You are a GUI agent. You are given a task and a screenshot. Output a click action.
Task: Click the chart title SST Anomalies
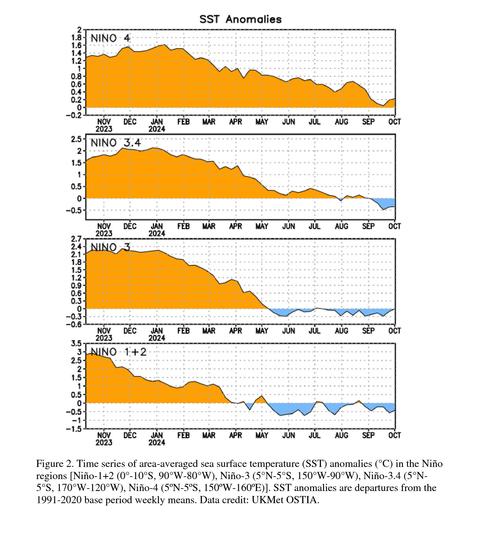(x=241, y=19)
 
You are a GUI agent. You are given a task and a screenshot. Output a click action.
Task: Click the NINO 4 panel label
(x=110, y=38)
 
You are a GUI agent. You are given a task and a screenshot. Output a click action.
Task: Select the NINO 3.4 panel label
(x=115, y=143)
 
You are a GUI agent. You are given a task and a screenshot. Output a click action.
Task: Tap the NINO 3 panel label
(x=110, y=247)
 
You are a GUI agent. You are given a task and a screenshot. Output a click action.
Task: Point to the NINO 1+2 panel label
(x=119, y=352)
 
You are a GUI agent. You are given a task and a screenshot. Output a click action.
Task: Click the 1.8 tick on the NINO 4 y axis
(x=76, y=37)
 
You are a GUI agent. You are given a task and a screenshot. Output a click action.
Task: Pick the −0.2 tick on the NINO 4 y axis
(x=74, y=115)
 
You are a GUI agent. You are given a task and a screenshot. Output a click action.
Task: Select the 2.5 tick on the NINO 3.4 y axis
(x=76, y=139)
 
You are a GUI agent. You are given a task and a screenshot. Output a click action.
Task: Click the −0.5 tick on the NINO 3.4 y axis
(x=74, y=210)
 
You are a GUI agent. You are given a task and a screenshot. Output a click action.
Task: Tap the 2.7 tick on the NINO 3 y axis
(x=76, y=239)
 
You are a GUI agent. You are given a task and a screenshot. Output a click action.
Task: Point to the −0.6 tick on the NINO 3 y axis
(x=74, y=324)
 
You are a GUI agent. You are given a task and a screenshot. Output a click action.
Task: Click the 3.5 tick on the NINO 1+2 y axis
(x=76, y=343)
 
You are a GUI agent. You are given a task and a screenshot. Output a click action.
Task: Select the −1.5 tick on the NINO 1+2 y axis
(x=74, y=429)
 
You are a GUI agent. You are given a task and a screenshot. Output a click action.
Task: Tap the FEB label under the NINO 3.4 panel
(x=184, y=226)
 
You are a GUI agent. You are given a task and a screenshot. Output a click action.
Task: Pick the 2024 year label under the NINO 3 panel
(x=157, y=338)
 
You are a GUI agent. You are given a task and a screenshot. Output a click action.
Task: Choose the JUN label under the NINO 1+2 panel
(x=289, y=435)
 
